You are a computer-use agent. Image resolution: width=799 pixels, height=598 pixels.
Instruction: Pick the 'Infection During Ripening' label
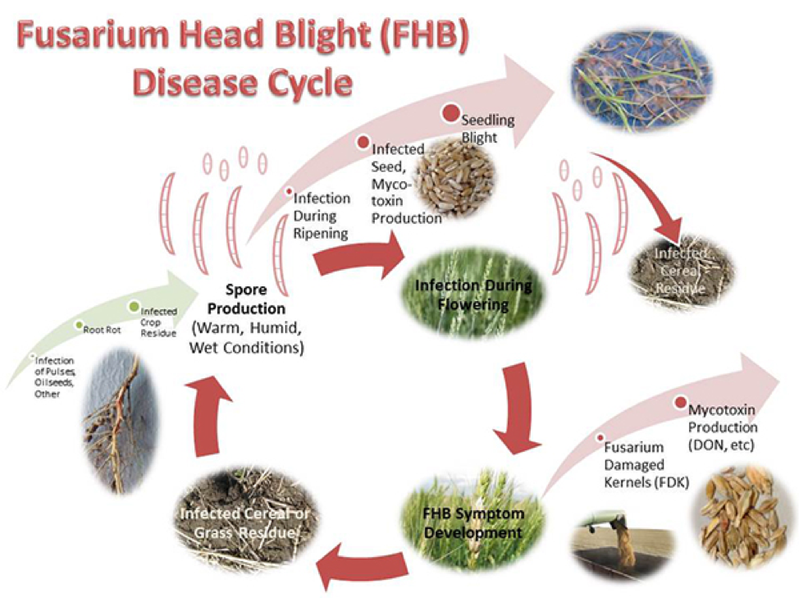pos(322,216)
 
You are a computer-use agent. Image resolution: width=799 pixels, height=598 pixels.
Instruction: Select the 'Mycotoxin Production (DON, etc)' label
pos(723,427)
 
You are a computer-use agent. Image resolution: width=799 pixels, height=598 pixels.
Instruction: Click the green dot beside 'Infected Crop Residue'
pos(134,307)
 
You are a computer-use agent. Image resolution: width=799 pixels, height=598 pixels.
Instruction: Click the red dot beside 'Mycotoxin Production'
pos(680,403)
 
